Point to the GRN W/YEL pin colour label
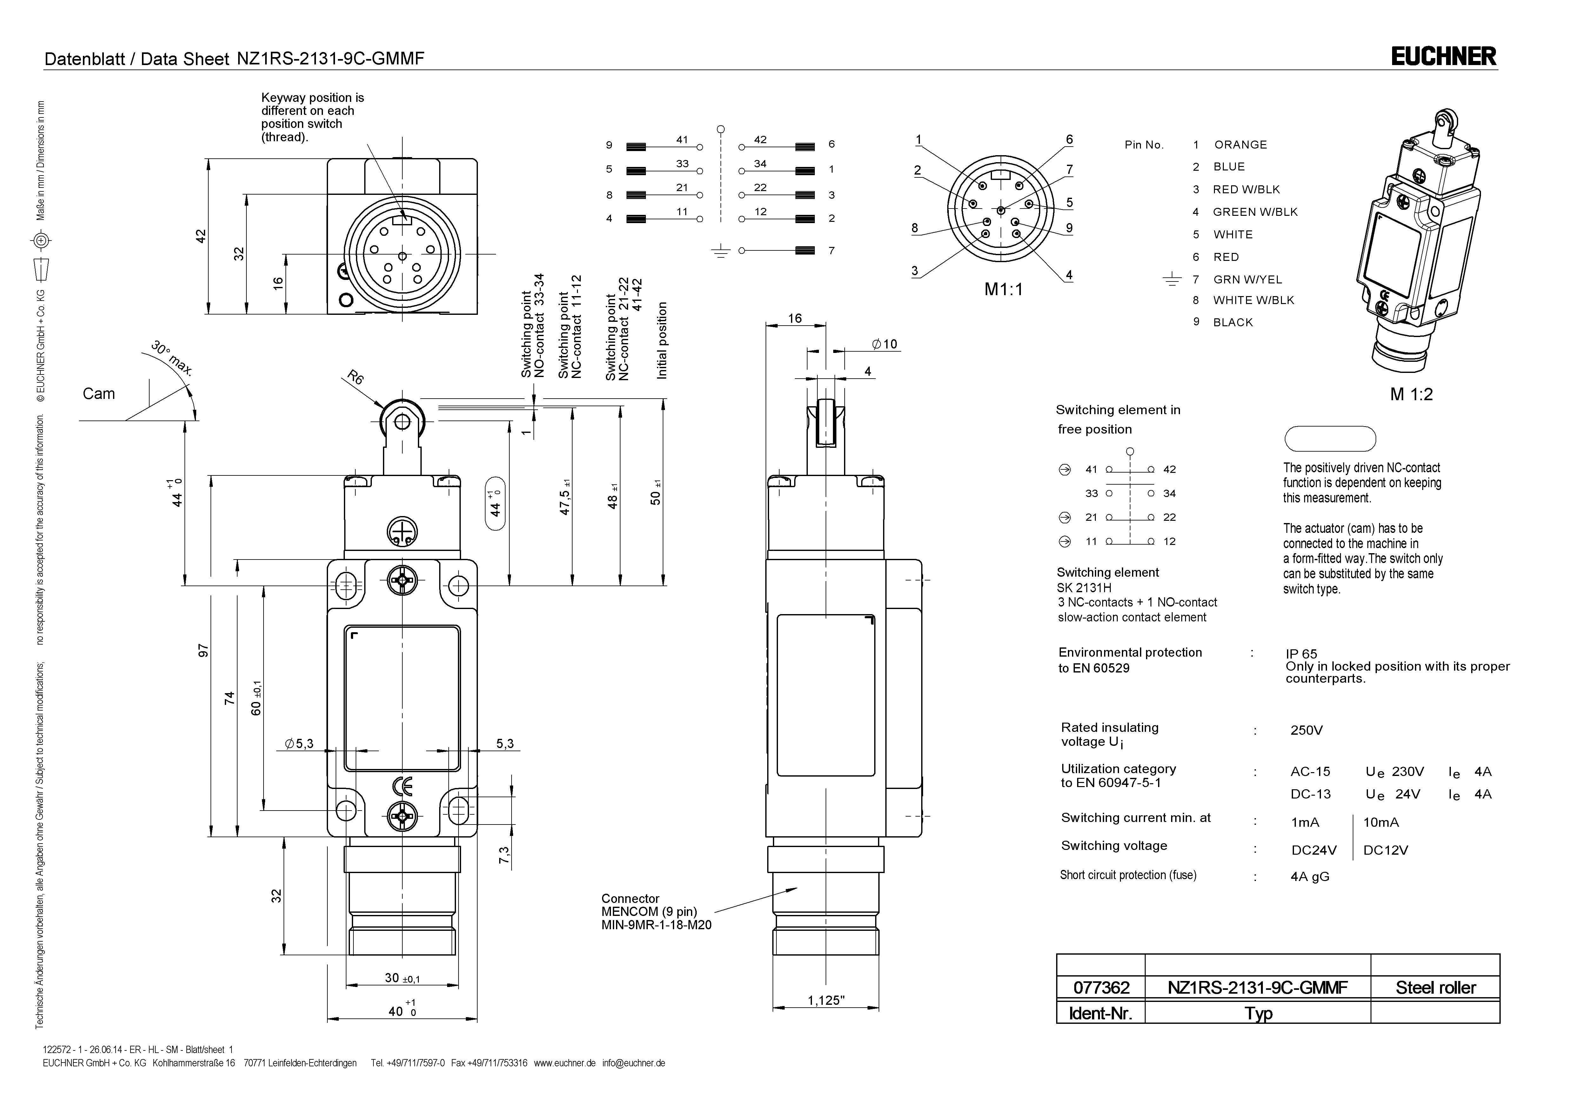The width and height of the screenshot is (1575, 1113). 1247,279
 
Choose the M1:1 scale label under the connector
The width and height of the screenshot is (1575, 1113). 1003,289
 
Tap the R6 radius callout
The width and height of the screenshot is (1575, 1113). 355,378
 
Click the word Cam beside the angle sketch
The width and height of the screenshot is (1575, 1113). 99,394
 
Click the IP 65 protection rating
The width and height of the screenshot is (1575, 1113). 1301,653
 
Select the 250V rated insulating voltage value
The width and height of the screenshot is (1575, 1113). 1306,730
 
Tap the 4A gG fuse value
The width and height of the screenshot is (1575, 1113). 1310,877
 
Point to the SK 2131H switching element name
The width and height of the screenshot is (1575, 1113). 1084,588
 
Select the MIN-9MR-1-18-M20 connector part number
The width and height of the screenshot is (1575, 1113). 656,925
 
